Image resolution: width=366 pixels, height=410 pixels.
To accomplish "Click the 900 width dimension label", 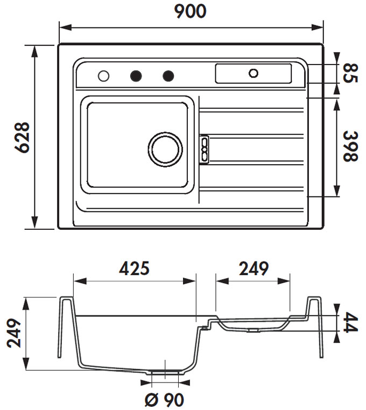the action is pyautogui.click(x=190, y=11).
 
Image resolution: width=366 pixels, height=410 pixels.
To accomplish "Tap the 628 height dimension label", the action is pyautogui.click(x=22, y=137).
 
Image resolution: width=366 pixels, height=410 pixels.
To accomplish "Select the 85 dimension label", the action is pyautogui.click(x=350, y=74).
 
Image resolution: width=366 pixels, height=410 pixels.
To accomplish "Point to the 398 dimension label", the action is pyautogui.click(x=350, y=146).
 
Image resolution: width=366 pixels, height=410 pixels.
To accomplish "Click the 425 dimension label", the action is pyautogui.click(x=134, y=268).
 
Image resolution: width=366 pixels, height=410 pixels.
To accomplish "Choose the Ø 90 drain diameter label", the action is pyautogui.click(x=164, y=400).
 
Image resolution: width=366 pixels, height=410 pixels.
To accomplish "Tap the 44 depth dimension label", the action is pyautogui.click(x=350, y=322).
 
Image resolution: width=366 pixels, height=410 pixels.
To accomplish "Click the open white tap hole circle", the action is pyautogui.click(x=103, y=76).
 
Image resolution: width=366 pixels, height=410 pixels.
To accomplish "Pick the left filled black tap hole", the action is pyautogui.click(x=136, y=76).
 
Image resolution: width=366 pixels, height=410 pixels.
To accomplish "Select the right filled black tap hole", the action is pyautogui.click(x=168, y=76).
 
